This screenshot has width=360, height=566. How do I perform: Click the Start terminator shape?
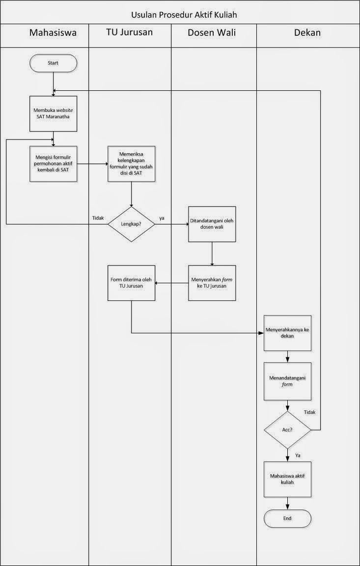53,63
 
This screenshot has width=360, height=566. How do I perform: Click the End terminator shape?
287,518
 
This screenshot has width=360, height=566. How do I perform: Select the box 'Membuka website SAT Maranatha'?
53,114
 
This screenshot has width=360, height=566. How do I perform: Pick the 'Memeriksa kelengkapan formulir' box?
131,163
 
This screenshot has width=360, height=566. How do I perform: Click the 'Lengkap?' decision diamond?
131,224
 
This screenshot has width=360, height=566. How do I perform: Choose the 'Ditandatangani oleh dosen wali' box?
212,224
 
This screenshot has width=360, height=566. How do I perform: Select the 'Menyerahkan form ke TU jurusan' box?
212,283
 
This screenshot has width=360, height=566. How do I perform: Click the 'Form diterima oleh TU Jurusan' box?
131,283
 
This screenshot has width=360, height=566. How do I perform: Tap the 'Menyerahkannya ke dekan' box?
287,333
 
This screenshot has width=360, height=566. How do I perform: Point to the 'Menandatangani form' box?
287,381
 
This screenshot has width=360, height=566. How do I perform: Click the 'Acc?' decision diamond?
287,430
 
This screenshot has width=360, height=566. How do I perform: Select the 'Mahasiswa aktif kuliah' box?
287,479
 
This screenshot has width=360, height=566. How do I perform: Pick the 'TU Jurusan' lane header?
129,33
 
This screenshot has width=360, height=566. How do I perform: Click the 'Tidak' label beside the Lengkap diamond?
97,217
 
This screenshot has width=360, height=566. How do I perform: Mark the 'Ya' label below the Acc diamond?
298,456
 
